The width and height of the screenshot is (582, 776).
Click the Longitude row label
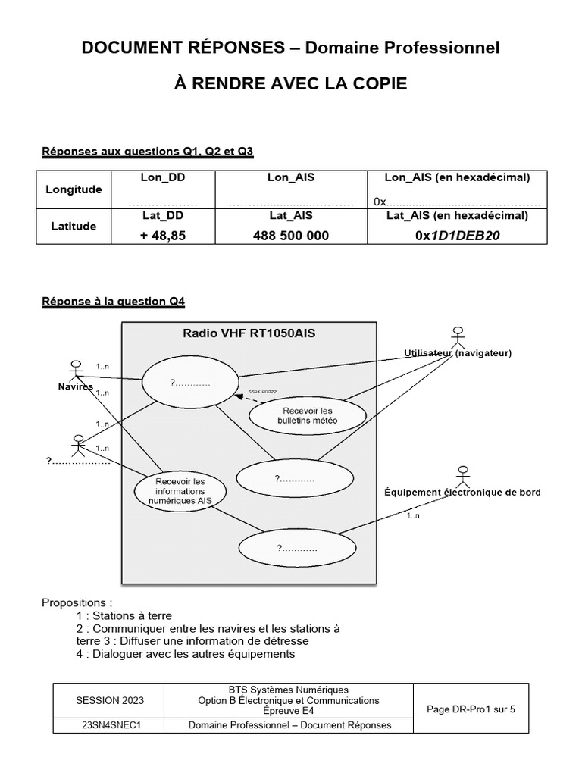click(74, 189)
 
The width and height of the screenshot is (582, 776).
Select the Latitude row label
click(74, 226)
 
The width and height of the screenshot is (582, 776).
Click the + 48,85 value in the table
click(162, 236)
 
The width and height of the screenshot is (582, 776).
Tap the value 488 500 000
click(291, 236)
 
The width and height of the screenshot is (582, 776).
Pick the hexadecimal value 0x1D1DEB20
click(458, 236)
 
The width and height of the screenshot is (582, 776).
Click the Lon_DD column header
click(162, 177)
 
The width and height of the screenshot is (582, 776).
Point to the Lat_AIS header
click(291, 215)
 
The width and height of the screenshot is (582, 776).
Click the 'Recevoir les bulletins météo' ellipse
click(308, 415)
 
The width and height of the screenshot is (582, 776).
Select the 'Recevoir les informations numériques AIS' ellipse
click(180, 491)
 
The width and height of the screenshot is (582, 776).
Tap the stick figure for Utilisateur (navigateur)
click(457, 336)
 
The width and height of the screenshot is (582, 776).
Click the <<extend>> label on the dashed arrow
click(263, 392)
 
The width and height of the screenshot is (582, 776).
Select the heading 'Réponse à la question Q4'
click(113, 302)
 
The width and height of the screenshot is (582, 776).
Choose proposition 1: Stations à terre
click(130, 615)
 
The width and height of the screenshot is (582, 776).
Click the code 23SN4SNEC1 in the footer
click(111, 725)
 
